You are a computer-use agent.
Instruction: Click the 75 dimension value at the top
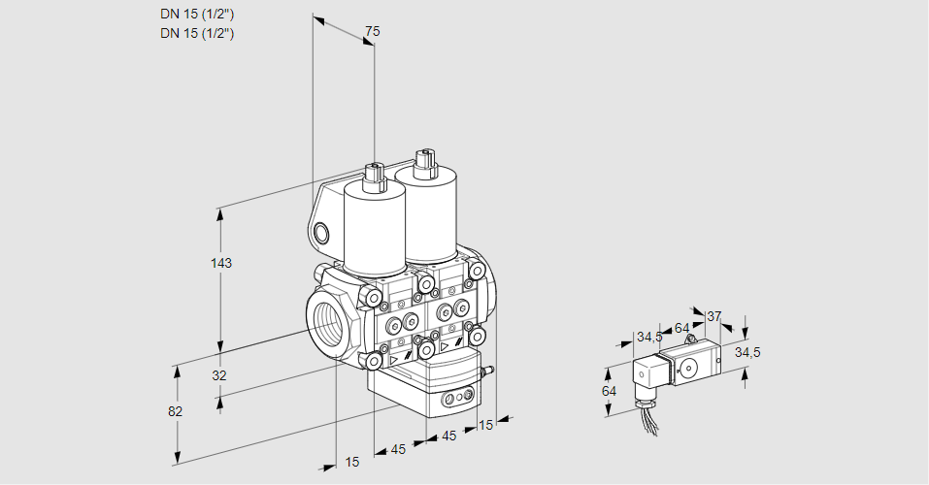coord(372,32)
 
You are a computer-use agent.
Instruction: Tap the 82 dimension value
coord(176,411)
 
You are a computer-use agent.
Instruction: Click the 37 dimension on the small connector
coord(713,316)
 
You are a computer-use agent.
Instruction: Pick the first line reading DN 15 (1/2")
coord(197,14)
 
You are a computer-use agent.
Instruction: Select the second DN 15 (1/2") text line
coord(197,33)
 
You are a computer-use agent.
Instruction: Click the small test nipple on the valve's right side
coord(488,370)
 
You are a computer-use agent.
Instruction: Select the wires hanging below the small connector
coord(645,416)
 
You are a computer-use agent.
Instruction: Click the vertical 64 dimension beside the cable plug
coord(610,391)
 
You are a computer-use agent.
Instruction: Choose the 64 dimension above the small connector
coord(681,328)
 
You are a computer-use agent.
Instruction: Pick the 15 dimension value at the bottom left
coord(351,463)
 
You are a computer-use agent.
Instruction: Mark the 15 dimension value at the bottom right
coord(486,424)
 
